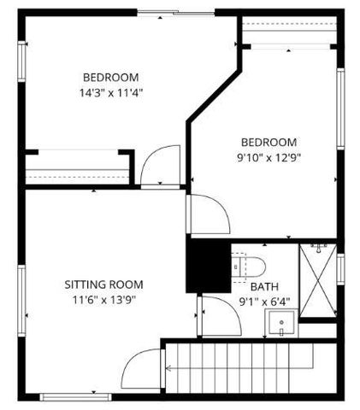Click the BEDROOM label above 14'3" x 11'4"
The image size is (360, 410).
click(x=110, y=76)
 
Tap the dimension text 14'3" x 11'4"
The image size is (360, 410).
click(x=110, y=92)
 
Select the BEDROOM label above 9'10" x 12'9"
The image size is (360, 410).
click(x=269, y=142)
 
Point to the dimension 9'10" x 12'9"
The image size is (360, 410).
click(x=269, y=157)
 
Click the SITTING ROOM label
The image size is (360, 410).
click(x=103, y=284)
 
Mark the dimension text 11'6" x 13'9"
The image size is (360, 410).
click(x=103, y=300)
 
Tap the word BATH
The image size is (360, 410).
click(x=263, y=288)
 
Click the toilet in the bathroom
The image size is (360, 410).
click(x=254, y=263)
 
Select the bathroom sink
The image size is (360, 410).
click(x=280, y=323)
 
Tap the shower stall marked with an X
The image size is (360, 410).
click(x=318, y=281)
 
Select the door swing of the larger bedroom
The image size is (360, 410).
click(x=159, y=167)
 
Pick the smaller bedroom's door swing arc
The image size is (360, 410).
click(x=207, y=214)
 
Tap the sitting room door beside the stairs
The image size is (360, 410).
click(x=142, y=372)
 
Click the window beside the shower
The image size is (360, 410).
click(x=339, y=267)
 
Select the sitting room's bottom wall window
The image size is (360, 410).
click(x=70, y=396)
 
